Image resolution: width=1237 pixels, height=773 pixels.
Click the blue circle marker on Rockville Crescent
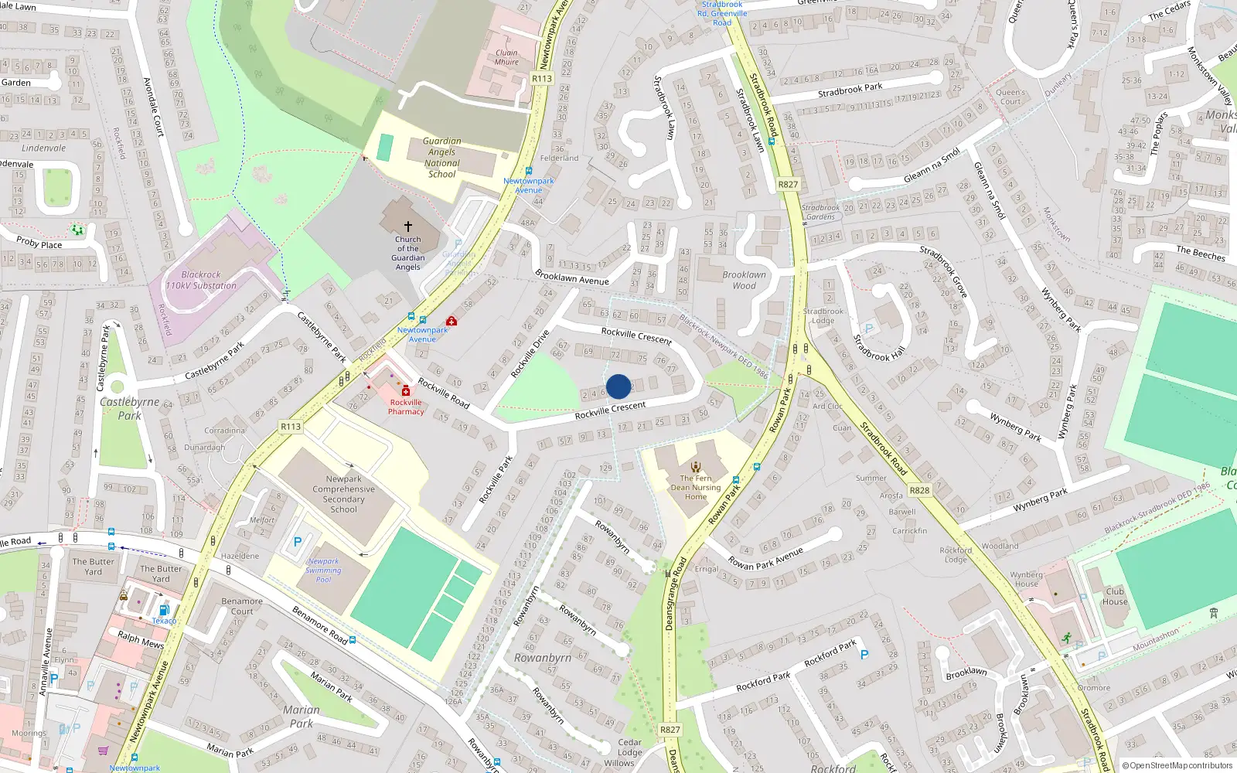[618, 386]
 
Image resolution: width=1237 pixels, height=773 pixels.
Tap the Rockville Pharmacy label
[406, 407]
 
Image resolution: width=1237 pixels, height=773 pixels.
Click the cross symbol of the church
[408, 226]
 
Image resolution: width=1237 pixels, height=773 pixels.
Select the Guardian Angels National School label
[442, 158]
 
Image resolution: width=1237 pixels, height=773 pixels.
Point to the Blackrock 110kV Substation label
[201, 280]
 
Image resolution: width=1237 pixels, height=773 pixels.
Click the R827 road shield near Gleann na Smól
[788, 184]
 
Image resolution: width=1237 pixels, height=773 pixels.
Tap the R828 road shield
[919, 490]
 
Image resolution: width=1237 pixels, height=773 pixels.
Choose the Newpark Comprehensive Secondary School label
[343, 494]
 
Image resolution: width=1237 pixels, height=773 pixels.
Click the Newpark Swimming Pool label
[323, 570]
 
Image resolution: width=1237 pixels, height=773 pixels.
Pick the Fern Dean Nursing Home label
[696, 487]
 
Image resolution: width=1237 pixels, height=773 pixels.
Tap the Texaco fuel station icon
[163, 611]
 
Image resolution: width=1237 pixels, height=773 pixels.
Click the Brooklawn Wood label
[744, 280]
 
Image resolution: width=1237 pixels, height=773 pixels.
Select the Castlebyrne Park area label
[129, 408]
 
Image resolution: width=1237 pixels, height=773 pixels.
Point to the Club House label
[1115, 596]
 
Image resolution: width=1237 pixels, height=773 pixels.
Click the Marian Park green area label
[301, 717]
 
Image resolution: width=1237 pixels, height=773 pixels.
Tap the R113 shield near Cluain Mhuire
[542, 78]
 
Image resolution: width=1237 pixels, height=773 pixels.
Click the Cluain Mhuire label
[506, 57]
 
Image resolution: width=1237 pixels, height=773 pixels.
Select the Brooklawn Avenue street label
[572, 278]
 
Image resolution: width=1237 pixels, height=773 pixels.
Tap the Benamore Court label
[242, 606]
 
